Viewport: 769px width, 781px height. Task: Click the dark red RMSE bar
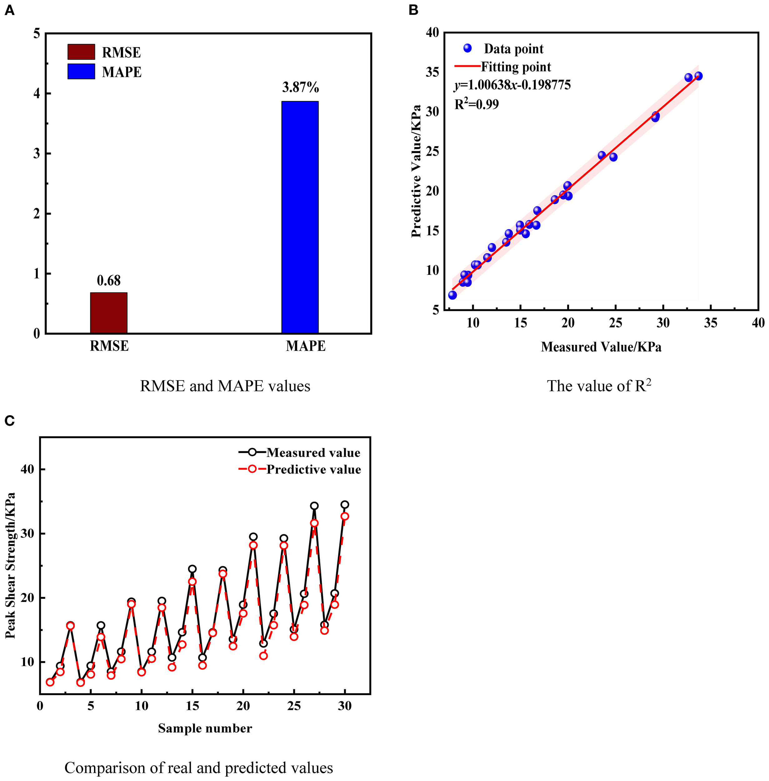tap(109, 313)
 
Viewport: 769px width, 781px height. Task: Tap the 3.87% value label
tap(300, 87)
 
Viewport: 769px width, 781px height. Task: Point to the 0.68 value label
tap(109, 281)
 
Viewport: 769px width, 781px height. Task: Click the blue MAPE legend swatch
tap(81, 72)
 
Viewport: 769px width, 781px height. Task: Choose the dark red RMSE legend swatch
tap(81, 52)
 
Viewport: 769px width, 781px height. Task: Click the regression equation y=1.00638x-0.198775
tap(512, 85)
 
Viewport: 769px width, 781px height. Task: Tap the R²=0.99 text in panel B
tap(477, 105)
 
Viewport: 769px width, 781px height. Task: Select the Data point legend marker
tap(467, 48)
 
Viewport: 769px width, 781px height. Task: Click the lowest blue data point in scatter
tap(452, 295)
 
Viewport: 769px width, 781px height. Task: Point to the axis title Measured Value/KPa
tap(601, 347)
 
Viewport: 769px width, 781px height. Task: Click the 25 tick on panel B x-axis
tap(616, 323)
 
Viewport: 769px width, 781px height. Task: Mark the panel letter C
tap(9, 421)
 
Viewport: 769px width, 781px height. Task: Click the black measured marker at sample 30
tap(345, 505)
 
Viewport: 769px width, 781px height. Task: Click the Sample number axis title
tap(205, 728)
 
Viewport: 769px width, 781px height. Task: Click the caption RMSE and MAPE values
tap(225, 386)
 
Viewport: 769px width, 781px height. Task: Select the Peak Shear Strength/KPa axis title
tap(11, 566)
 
